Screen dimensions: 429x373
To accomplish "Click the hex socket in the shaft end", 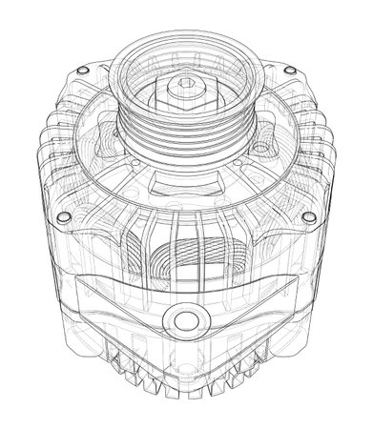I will coord(180,88).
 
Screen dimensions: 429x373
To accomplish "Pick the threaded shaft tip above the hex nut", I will coord(180,82).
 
